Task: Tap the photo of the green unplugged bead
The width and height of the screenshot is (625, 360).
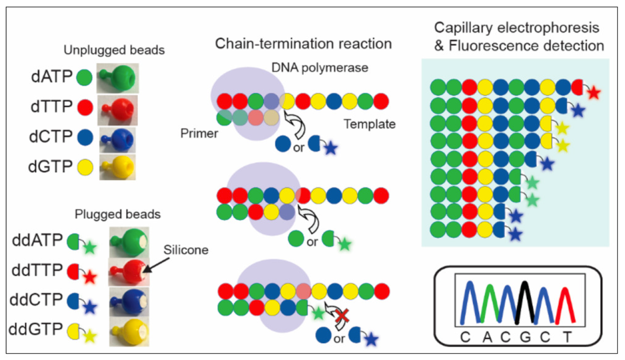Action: (118, 77)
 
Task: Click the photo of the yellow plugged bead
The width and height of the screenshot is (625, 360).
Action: (128, 329)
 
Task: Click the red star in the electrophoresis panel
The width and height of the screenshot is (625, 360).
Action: (594, 93)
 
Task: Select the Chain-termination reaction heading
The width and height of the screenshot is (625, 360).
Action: (303, 44)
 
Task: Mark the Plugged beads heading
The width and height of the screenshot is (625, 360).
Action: (118, 215)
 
